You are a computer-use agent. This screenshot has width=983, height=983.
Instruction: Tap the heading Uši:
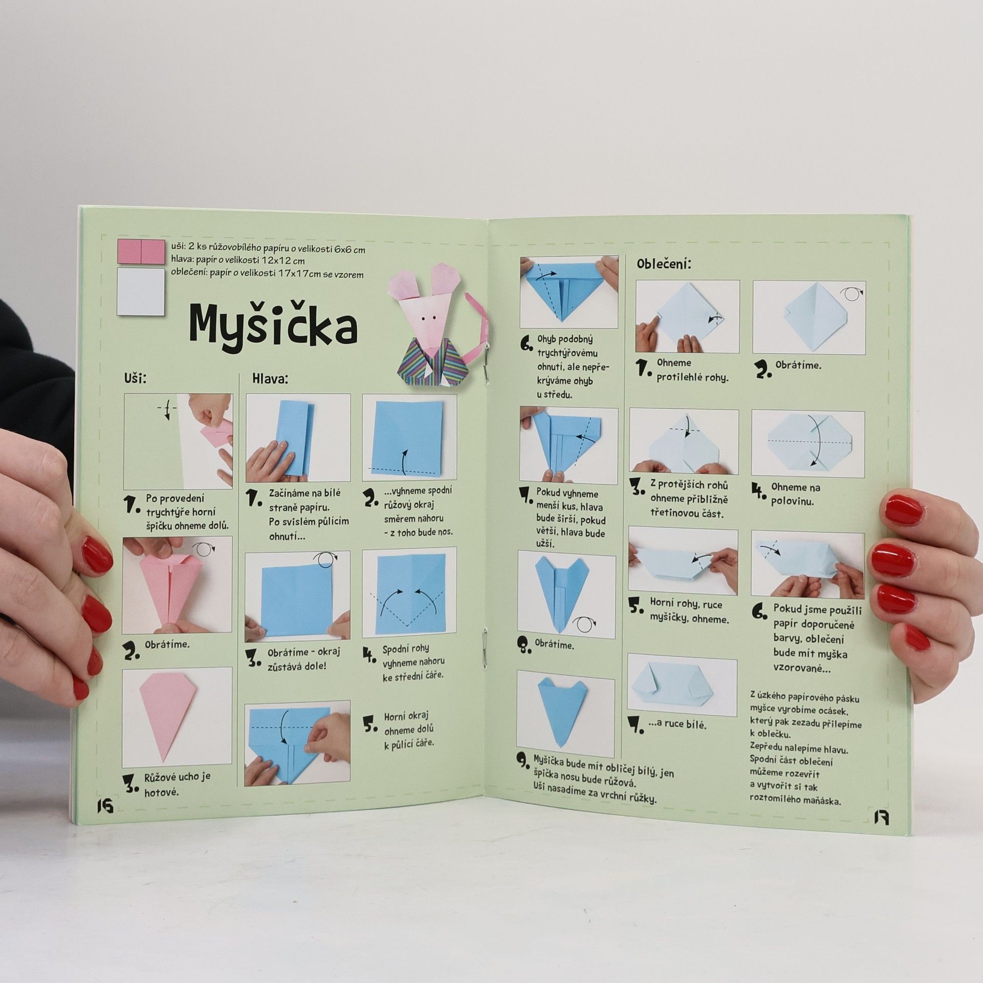click(x=136, y=378)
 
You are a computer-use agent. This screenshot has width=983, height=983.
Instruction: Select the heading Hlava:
click(x=270, y=379)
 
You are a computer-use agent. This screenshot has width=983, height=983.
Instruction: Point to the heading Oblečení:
click(x=664, y=264)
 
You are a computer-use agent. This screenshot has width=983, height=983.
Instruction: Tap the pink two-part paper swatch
click(x=141, y=252)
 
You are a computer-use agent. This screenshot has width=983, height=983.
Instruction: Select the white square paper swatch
click(x=141, y=291)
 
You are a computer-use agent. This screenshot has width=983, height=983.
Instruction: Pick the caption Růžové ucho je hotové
click(x=177, y=784)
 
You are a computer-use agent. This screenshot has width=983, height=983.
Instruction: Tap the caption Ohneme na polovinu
click(x=796, y=494)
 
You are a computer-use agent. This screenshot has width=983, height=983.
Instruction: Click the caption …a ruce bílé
click(x=677, y=724)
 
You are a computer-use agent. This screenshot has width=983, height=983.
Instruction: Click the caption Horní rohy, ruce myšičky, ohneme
click(x=689, y=611)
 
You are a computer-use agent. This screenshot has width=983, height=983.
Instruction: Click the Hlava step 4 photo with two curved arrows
click(x=409, y=593)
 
